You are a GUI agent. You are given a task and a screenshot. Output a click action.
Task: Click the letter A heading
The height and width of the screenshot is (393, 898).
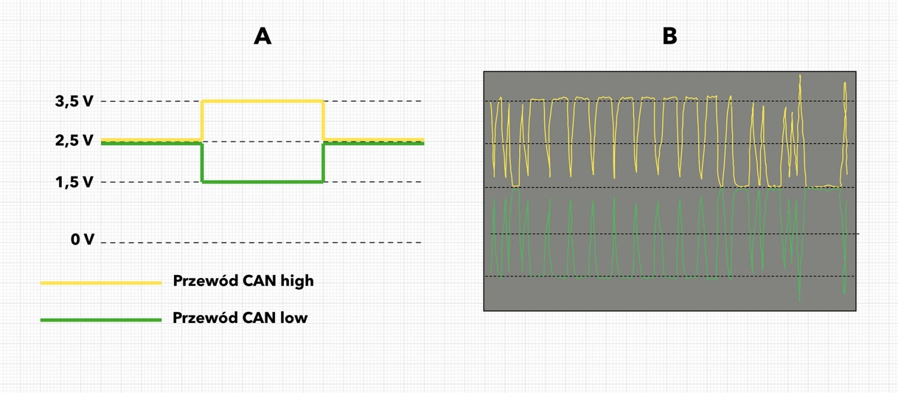(x=263, y=36)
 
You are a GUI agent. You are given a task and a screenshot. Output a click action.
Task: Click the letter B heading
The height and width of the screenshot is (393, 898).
(x=670, y=36)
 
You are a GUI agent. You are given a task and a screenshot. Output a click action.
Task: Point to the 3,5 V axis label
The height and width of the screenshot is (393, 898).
(x=74, y=102)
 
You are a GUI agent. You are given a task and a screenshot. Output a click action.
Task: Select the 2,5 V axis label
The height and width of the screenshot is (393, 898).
(x=74, y=140)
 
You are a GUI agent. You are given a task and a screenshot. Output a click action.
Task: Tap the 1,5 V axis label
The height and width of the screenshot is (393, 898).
(x=74, y=182)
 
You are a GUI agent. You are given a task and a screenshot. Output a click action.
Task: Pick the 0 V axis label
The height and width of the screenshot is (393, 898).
(x=82, y=240)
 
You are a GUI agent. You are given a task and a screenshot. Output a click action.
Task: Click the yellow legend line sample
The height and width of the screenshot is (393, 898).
(x=101, y=283)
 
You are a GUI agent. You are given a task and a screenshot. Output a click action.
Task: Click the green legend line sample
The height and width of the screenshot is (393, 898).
(x=101, y=320)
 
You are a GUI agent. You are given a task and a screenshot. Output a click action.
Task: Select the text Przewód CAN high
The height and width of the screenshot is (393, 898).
(x=243, y=281)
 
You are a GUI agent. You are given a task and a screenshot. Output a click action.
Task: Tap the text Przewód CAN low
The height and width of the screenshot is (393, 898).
(x=240, y=318)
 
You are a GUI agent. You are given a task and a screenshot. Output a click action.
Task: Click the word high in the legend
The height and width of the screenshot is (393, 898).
(x=297, y=281)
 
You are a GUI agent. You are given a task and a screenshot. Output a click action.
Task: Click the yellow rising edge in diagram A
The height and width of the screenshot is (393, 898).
(x=202, y=120)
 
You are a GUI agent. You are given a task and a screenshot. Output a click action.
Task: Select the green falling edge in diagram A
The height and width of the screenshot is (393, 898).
(x=202, y=163)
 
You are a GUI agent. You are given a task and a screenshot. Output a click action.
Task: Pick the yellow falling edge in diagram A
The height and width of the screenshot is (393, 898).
(x=323, y=120)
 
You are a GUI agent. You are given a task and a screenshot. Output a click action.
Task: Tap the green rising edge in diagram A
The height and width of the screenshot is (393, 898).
(x=323, y=163)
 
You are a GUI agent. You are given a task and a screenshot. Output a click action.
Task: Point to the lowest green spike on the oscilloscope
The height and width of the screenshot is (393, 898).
(x=800, y=298)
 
